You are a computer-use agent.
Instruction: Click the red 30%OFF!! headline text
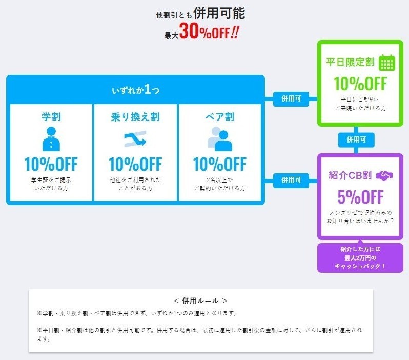click(x=209, y=31)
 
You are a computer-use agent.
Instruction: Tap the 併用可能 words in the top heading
click(x=219, y=13)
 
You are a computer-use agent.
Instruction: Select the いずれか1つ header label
click(x=135, y=90)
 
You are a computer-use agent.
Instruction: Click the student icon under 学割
click(x=51, y=139)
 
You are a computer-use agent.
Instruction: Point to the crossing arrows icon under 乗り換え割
click(x=135, y=139)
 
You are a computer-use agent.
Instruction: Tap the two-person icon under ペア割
click(x=220, y=139)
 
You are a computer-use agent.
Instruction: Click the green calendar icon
click(x=387, y=63)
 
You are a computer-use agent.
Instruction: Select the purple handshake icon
click(x=384, y=176)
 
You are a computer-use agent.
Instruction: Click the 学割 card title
click(x=51, y=116)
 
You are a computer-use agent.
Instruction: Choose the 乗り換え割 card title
click(x=135, y=116)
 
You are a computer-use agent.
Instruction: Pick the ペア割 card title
click(x=220, y=116)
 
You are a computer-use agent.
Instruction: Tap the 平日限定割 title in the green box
click(x=350, y=62)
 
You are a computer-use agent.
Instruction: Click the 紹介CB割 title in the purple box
click(x=350, y=175)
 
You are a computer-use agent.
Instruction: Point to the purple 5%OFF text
click(x=360, y=197)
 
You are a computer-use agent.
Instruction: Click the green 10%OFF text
click(x=360, y=84)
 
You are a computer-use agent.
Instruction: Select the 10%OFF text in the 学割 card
click(x=51, y=164)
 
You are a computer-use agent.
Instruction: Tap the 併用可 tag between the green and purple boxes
click(x=356, y=140)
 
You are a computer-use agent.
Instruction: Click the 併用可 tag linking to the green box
click(x=291, y=99)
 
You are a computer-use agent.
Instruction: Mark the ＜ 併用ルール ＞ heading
click(x=200, y=301)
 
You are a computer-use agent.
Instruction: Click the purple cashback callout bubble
click(x=360, y=257)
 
